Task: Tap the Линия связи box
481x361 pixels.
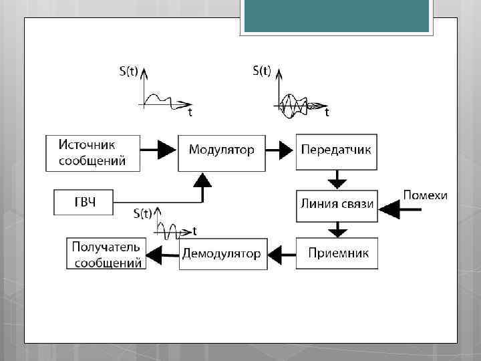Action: pyautogui.click(x=337, y=205)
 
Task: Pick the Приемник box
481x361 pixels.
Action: pyautogui.click(x=337, y=253)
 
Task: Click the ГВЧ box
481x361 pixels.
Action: pyautogui.click(x=83, y=202)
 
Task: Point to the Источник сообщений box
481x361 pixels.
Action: pyautogui.click(x=93, y=152)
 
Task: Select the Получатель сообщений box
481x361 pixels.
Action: pyautogui.click(x=106, y=253)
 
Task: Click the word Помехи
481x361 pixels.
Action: pyautogui.click(x=425, y=195)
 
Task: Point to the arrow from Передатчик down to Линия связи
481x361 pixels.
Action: pyautogui.click(x=338, y=179)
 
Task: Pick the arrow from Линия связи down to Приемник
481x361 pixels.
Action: pyautogui.click(x=338, y=229)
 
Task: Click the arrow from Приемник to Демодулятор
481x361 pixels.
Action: pyautogui.click(x=281, y=253)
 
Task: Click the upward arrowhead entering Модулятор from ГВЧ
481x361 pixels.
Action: pyautogui.click(x=202, y=179)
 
